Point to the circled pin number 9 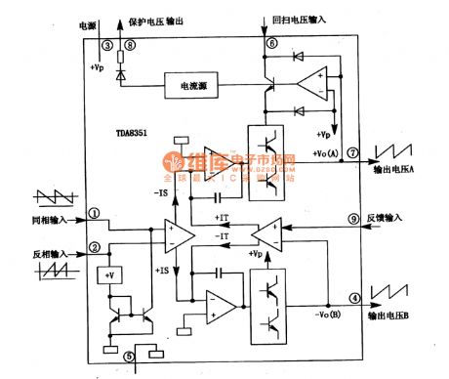pyautogui.click(x=352, y=218)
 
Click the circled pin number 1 pyautogui.click(x=95, y=212)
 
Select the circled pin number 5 pyautogui.click(x=128, y=357)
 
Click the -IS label pyautogui.click(x=158, y=192)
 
